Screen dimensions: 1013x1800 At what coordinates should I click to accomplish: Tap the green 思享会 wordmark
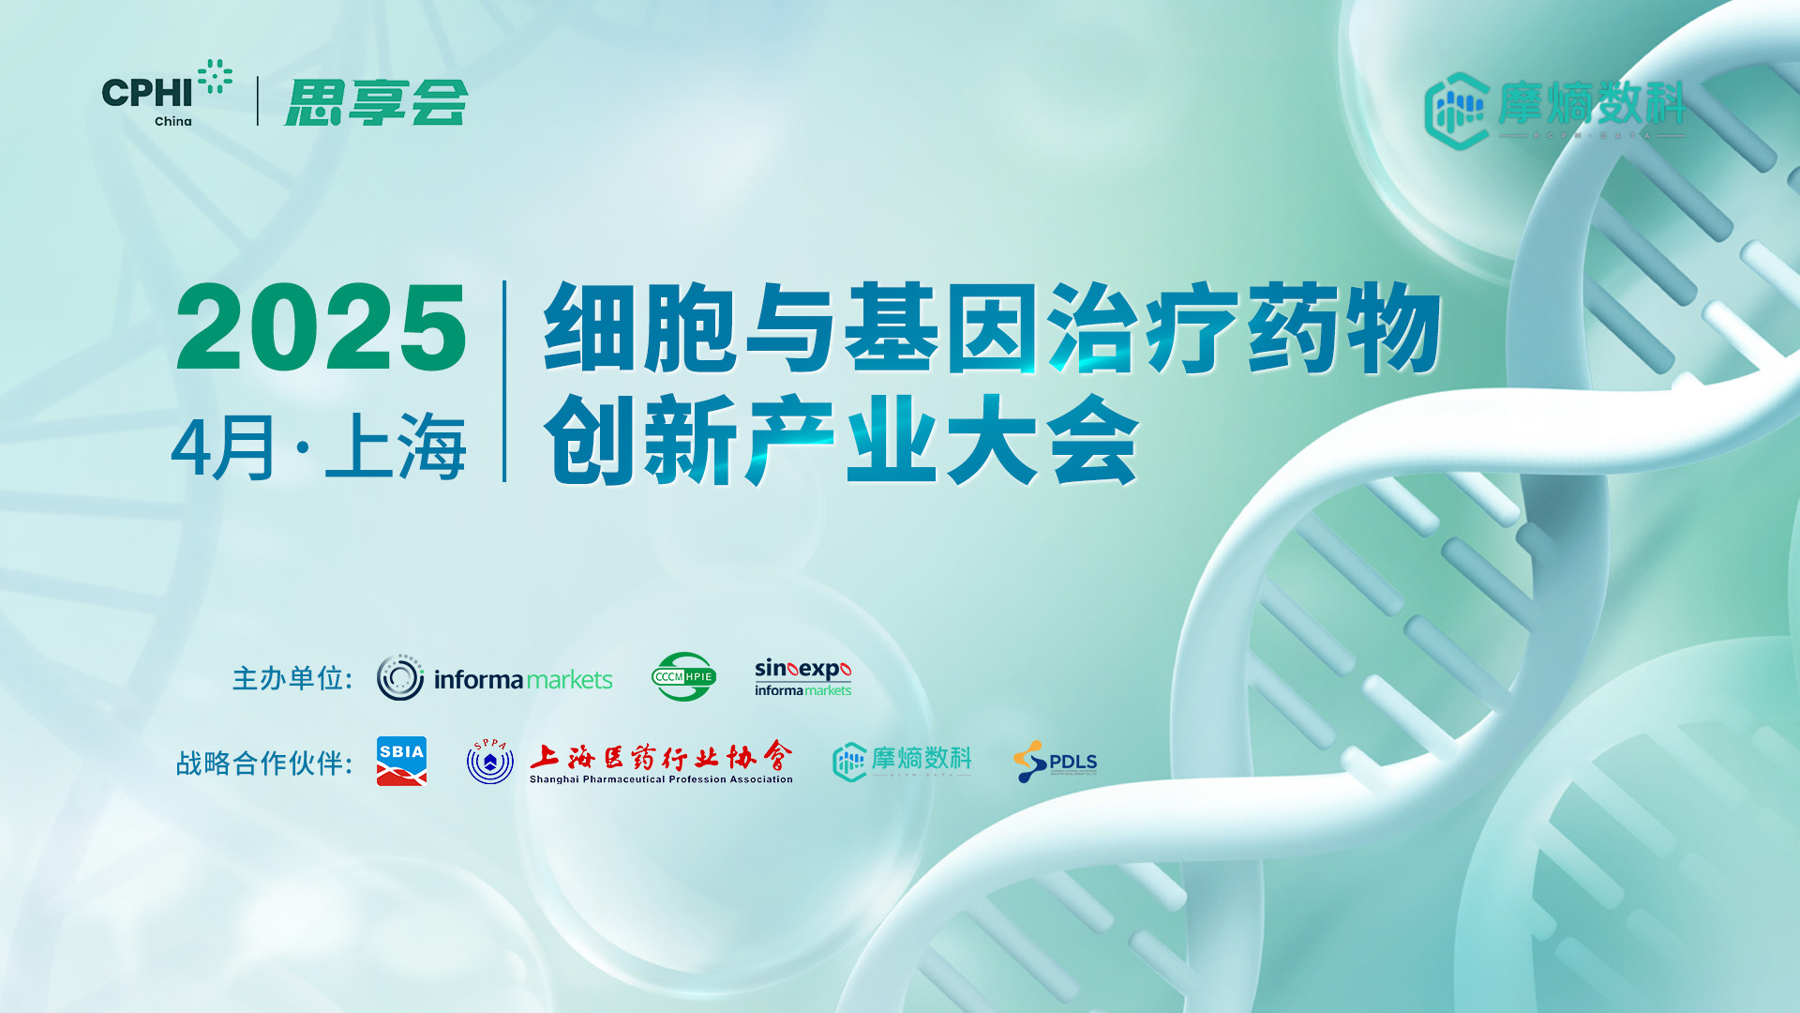click(x=376, y=102)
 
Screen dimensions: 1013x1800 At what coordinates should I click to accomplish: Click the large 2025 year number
click(x=321, y=328)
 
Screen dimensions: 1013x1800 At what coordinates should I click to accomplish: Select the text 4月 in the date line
click(x=223, y=448)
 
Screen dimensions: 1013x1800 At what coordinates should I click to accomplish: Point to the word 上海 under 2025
click(x=396, y=448)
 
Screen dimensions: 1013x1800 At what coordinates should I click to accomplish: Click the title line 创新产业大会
click(x=841, y=441)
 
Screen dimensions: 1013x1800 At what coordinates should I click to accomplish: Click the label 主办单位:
click(x=292, y=678)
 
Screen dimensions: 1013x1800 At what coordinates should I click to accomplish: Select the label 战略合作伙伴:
click(x=264, y=764)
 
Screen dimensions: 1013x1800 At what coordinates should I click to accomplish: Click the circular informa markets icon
click(x=400, y=677)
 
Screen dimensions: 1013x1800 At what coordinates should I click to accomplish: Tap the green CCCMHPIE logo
click(x=683, y=677)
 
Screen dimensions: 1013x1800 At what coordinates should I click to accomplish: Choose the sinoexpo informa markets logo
click(x=802, y=677)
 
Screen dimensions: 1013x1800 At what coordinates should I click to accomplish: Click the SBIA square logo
click(x=401, y=761)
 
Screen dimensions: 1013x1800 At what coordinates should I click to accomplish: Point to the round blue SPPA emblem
click(x=490, y=762)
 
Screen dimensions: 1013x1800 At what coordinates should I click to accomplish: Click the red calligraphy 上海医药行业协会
click(x=661, y=756)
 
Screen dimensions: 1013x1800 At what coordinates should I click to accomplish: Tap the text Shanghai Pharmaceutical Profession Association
click(x=661, y=779)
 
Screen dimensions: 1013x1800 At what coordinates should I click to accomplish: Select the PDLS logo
click(x=1056, y=762)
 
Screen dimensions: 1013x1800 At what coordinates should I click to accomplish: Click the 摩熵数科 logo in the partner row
click(x=902, y=762)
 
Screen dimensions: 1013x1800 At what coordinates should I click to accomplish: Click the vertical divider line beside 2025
click(x=504, y=381)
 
